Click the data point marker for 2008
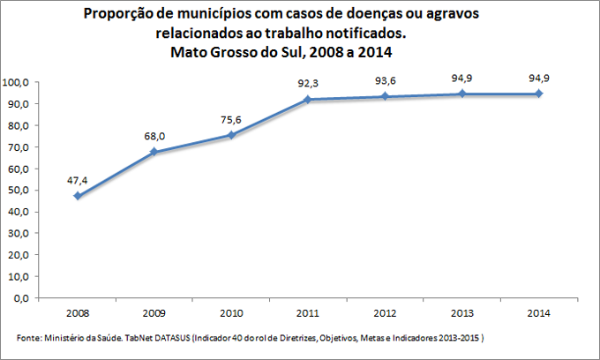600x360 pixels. (78, 196)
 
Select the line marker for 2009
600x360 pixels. (154, 152)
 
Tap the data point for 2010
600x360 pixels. (230, 135)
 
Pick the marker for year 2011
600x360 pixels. (307, 100)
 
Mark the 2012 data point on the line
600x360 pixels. (383, 96)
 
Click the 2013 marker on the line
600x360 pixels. (460, 94)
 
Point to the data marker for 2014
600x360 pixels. (536, 94)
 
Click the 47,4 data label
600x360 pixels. (78, 180)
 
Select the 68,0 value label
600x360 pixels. (154, 136)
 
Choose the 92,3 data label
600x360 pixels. (307, 84)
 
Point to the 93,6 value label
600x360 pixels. (383, 80)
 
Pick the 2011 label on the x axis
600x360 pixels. (307, 312)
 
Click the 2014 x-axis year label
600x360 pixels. (536, 312)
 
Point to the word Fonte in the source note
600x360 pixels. (29, 339)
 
